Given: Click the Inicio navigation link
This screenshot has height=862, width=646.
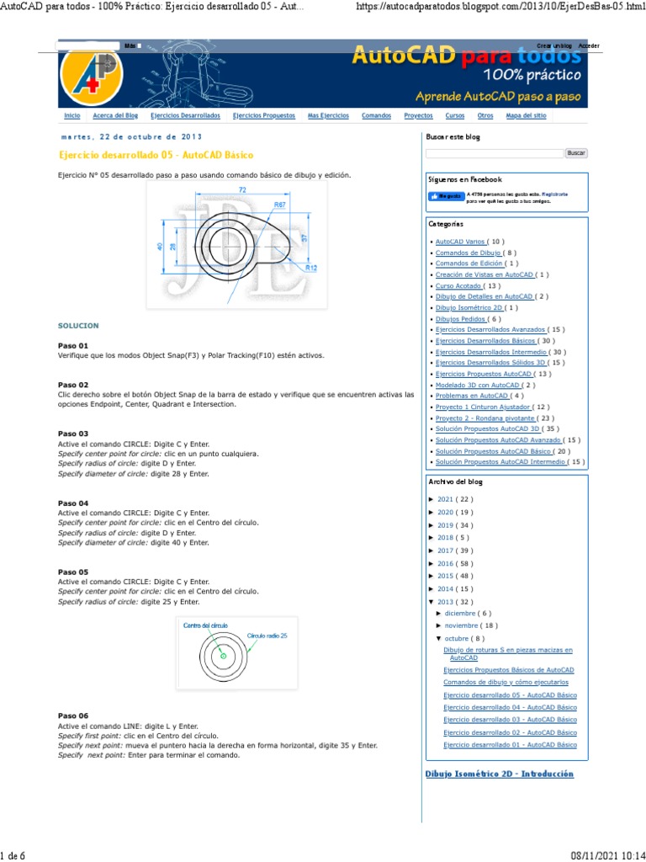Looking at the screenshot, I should pyautogui.click(x=72, y=115).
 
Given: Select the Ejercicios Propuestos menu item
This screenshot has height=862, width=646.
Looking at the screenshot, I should pyautogui.click(x=259, y=115).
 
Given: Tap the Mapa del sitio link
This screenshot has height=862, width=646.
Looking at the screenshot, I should pyautogui.click(x=526, y=115).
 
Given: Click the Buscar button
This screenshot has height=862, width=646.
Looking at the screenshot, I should pyautogui.click(x=575, y=153).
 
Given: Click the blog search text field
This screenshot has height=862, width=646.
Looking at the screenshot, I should pyautogui.click(x=494, y=153).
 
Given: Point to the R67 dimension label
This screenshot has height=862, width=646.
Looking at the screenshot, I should pyautogui.click(x=279, y=205).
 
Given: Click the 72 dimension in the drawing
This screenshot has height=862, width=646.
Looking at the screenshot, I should pyautogui.click(x=242, y=190).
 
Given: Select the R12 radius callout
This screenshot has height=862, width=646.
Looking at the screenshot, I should pyautogui.click(x=310, y=268).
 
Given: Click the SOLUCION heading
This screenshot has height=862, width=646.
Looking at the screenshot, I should pyautogui.click(x=78, y=325).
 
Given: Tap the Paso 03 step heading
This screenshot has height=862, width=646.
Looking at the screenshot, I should pyautogui.click(x=73, y=434).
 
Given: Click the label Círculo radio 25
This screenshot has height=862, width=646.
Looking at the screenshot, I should pyautogui.click(x=267, y=636).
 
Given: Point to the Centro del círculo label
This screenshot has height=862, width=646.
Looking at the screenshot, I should pyautogui.click(x=206, y=625).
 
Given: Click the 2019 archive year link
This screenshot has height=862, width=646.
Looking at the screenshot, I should pyautogui.click(x=445, y=524).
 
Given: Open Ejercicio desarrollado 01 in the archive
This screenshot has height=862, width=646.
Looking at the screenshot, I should pyautogui.click(x=510, y=745).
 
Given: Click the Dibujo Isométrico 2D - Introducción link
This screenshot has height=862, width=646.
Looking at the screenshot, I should pyautogui.click(x=500, y=774).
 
